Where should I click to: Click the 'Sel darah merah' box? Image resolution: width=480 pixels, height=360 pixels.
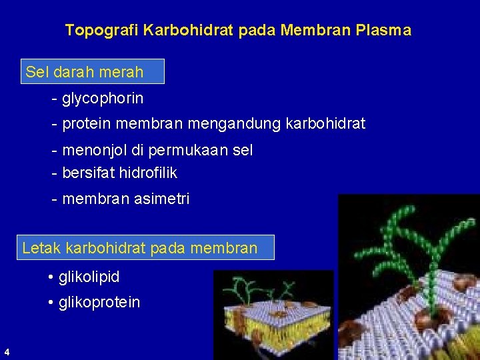pyautogui.click(x=93, y=71)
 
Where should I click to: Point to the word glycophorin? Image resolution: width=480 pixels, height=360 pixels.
pyautogui.click(x=102, y=99)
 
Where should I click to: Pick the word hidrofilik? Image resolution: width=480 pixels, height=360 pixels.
pyautogui.click(x=148, y=173)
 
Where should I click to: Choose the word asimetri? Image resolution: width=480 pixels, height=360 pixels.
pyautogui.click(x=161, y=199)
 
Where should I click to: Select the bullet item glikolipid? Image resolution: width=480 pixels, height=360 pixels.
pyautogui.click(x=89, y=276)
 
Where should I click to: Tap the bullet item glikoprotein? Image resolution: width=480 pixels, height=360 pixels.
pyautogui.click(x=99, y=303)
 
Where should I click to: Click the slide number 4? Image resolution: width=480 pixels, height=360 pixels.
pyautogui.click(x=6, y=351)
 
